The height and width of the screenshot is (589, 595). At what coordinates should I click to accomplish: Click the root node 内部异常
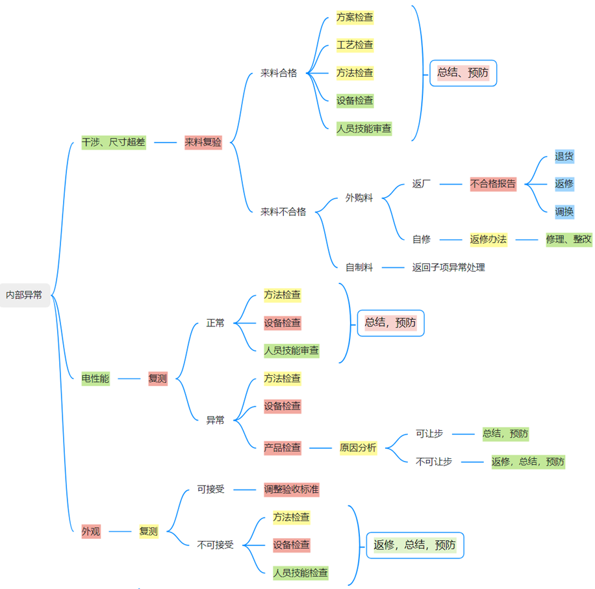click(24, 294)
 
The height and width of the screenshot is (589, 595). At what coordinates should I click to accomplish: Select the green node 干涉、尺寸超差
click(114, 142)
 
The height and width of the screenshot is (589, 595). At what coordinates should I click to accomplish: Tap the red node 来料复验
click(203, 142)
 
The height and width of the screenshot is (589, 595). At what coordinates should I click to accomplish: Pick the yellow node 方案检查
click(355, 18)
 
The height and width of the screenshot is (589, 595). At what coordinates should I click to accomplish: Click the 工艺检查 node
click(355, 46)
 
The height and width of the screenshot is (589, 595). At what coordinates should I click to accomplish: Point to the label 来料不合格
click(283, 211)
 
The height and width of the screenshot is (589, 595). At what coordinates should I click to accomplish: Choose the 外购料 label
click(359, 198)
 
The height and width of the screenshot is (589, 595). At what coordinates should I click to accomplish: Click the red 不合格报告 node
click(493, 183)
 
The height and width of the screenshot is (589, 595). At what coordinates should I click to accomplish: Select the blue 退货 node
click(564, 156)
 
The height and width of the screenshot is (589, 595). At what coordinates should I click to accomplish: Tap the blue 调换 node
click(564, 211)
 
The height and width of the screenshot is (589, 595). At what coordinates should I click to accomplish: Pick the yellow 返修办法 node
click(488, 239)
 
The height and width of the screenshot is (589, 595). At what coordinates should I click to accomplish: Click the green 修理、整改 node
click(569, 239)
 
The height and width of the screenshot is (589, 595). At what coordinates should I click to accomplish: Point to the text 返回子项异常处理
click(448, 267)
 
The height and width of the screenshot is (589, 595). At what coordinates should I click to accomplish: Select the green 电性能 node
click(95, 378)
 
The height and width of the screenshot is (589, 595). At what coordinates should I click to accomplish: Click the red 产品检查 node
click(283, 447)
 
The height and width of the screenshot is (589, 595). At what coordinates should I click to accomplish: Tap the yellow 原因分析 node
click(358, 447)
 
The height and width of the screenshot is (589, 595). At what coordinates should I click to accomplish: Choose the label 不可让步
click(434, 462)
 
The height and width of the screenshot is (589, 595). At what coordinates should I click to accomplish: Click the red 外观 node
click(91, 531)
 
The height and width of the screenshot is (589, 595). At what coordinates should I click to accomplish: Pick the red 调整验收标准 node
click(292, 489)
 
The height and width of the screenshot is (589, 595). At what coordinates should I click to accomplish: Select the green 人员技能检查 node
click(301, 573)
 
